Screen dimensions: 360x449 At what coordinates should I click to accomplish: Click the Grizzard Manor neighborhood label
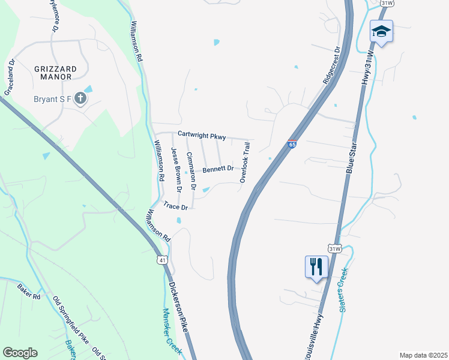point(55,73)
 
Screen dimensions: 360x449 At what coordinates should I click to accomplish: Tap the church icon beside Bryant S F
point(80,98)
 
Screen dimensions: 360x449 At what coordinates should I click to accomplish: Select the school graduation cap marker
point(381,31)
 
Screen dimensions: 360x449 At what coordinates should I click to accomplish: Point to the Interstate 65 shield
point(292,144)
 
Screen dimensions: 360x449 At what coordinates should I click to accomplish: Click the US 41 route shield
point(162,259)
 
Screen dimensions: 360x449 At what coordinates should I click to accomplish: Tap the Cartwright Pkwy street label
point(201,136)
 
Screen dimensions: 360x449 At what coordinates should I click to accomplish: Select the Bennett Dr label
point(217,169)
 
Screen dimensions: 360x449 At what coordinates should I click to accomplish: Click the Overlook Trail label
point(245,163)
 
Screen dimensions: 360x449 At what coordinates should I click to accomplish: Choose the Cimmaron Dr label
point(191,172)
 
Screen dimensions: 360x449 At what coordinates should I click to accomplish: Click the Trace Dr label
point(176,207)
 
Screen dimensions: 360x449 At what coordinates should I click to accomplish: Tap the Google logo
point(20,352)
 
